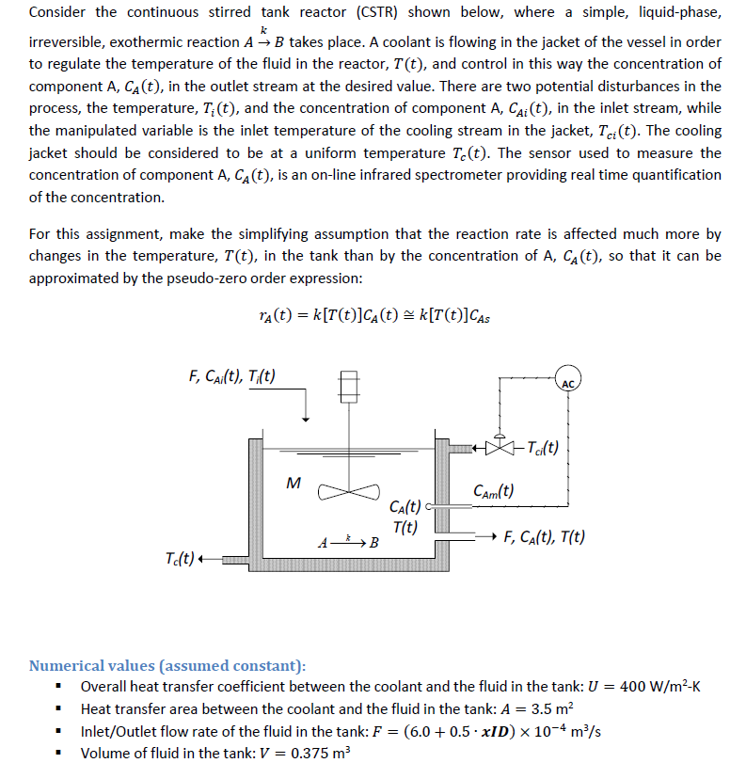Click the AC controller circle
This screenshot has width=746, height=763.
coord(567,381)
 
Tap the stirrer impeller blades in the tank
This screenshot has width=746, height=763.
coord(348,490)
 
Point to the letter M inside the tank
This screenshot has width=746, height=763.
coord(293,484)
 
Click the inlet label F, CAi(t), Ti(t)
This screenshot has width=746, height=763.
coord(232,377)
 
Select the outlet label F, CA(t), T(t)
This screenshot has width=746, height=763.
coord(545,537)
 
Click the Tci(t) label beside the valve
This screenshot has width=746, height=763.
coord(542,448)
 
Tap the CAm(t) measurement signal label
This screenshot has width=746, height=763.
coord(494,490)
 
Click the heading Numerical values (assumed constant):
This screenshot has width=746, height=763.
coord(167,665)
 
